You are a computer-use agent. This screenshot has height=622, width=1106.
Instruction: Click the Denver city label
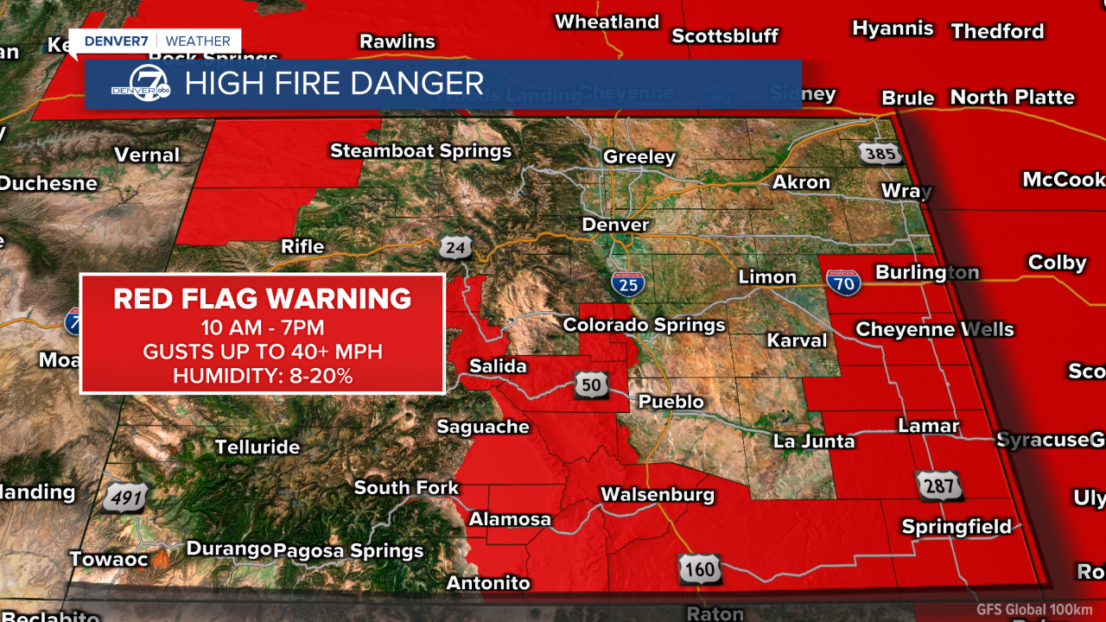pyautogui.click(x=615, y=225)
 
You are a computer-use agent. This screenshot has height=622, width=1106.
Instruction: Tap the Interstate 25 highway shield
pyautogui.click(x=627, y=283)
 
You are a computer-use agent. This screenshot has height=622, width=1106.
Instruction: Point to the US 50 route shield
pyautogui.click(x=590, y=385)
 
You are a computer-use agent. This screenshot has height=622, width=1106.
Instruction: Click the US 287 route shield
pyautogui.click(x=938, y=486)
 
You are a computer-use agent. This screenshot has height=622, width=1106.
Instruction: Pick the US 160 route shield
pyautogui.click(x=697, y=569)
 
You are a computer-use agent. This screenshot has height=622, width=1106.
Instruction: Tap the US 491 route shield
pyautogui.click(x=126, y=498)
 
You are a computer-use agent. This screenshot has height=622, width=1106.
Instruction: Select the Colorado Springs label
pyautogui.click(x=644, y=326)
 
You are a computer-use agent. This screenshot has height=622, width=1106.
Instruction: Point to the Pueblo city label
pyautogui.click(x=671, y=402)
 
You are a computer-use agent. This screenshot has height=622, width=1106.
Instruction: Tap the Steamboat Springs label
pyautogui.click(x=421, y=151)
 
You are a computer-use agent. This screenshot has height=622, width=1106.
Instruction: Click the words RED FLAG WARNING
pyautogui.click(x=263, y=299)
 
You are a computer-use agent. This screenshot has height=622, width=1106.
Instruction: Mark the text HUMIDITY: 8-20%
pyautogui.click(x=263, y=376)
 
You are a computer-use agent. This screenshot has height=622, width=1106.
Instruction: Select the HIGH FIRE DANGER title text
pyautogui.click(x=334, y=84)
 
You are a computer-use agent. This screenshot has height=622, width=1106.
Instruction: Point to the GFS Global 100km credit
pyautogui.click(x=1034, y=609)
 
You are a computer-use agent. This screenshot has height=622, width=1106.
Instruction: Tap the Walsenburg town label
pyautogui.click(x=658, y=495)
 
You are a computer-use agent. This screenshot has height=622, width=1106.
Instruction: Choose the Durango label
pyautogui.click(x=229, y=549)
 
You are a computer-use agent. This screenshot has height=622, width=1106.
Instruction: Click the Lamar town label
pyautogui.click(x=929, y=426)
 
